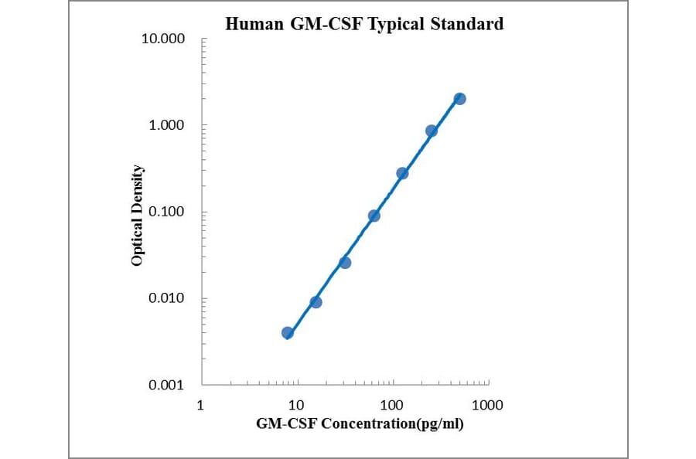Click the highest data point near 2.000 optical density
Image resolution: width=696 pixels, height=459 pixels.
tap(459, 99)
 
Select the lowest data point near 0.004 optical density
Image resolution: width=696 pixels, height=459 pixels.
tap(288, 333)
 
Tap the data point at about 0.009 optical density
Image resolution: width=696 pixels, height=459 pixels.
tap(316, 302)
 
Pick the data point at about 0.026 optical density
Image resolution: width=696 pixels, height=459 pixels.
tap(345, 263)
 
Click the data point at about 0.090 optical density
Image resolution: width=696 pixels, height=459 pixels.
tap(374, 216)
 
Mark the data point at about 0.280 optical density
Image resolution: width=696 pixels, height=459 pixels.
tap(402, 173)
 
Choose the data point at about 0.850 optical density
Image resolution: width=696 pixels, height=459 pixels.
tap(432, 131)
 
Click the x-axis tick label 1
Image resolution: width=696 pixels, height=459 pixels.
tap(201, 405)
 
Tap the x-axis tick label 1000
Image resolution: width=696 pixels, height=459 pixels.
tap(487, 405)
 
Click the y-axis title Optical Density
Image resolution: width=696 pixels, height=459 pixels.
tap(137, 216)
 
